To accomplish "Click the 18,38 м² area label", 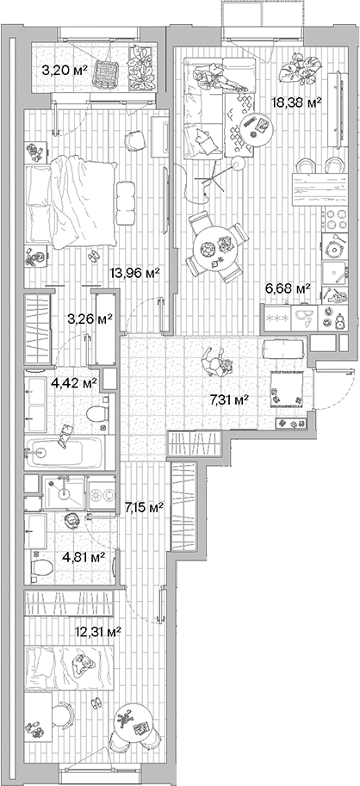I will (x=297, y=102).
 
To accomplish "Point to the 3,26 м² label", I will (x=90, y=319).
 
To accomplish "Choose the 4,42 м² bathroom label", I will (x=73, y=382).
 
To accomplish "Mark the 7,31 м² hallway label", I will (x=229, y=399).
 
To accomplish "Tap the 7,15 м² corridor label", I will (x=144, y=507).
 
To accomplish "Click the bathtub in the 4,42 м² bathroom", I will (x=65, y=451).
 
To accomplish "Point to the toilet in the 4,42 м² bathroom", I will (x=96, y=418).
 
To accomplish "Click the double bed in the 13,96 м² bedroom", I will (x=69, y=198).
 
